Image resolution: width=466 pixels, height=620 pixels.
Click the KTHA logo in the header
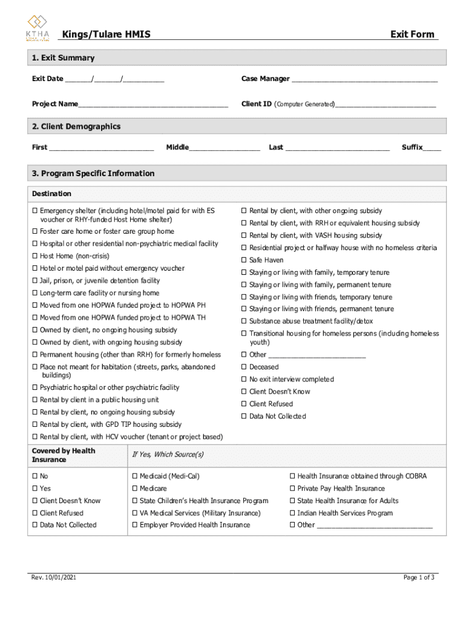click(38, 28)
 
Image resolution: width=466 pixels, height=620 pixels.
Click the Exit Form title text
click(412, 35)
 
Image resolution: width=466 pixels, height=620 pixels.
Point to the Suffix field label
click(413, 147)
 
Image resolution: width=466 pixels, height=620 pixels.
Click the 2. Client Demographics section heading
click(76, 127)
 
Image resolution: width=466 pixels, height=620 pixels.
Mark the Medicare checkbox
click(134, 489)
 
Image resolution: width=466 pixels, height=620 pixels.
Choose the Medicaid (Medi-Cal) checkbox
click(134, 477)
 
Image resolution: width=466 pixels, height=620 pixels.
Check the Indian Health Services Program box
click(292, 513)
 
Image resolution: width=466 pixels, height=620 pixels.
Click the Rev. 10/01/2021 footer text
click(54, 578)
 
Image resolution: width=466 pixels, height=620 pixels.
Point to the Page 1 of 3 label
click(419, 578)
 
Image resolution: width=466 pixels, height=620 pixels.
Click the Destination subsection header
click(51, 194)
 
